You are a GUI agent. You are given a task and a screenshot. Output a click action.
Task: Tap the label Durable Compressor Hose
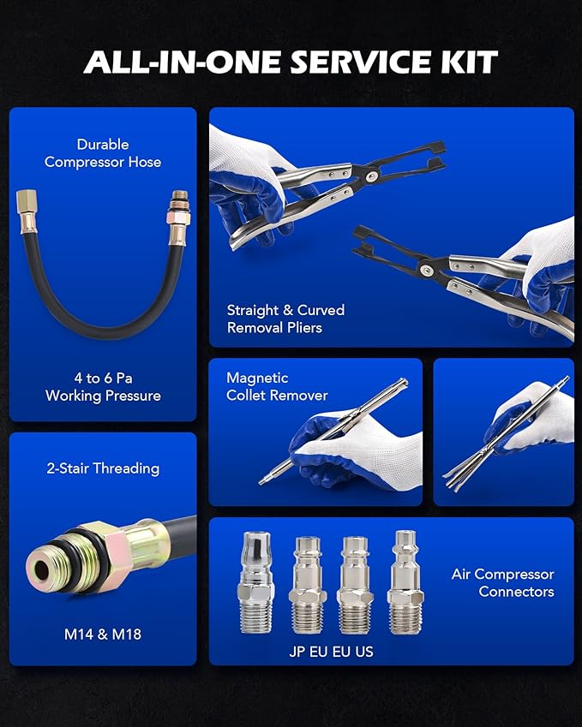click(x=103, y=153)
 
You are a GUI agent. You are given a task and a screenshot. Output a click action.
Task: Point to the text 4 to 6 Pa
click(x=103, y=378)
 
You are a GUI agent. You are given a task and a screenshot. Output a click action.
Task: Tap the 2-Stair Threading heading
click(x=103, y=468)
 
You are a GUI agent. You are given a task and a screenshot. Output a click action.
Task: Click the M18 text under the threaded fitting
click(x=125, y=635)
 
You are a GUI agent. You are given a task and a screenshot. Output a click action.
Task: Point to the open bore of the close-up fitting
click(x=40, y=563)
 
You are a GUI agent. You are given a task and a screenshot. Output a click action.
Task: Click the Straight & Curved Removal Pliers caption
click(x=285, y=319)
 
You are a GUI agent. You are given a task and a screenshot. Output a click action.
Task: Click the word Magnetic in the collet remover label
click(x=257, y=378)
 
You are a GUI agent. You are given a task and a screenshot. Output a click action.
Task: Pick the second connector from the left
click(x=306, y=584)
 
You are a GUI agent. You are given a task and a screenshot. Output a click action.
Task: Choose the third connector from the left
click(x=354, y=584)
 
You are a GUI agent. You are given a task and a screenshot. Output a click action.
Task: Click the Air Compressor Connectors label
click(x=502, y=582)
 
